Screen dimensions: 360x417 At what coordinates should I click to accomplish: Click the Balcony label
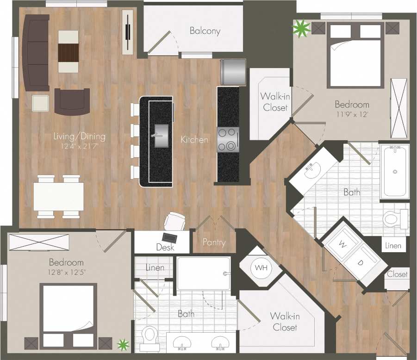(205, 31)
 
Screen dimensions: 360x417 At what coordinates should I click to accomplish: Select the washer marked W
(343, 243)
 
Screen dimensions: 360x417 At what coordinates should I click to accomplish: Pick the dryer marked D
(361, 262)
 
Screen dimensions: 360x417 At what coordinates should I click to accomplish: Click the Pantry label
(214, 242)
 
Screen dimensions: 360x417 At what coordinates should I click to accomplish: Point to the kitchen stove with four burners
(228, 139)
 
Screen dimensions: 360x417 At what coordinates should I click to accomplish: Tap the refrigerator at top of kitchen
(233, 72)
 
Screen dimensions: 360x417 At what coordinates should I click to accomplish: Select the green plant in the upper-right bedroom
(301, 29)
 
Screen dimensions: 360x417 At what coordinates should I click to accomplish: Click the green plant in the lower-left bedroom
(123, 344)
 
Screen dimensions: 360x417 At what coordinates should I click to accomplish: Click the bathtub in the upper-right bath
(394, 171)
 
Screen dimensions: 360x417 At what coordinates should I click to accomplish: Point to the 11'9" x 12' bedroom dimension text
(352, 114)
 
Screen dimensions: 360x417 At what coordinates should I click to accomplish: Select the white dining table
(58, 196)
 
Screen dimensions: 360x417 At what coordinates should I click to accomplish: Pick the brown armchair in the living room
(71, 101)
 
